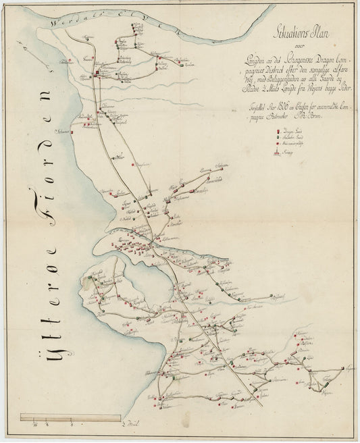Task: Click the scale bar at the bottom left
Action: (71, 417)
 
